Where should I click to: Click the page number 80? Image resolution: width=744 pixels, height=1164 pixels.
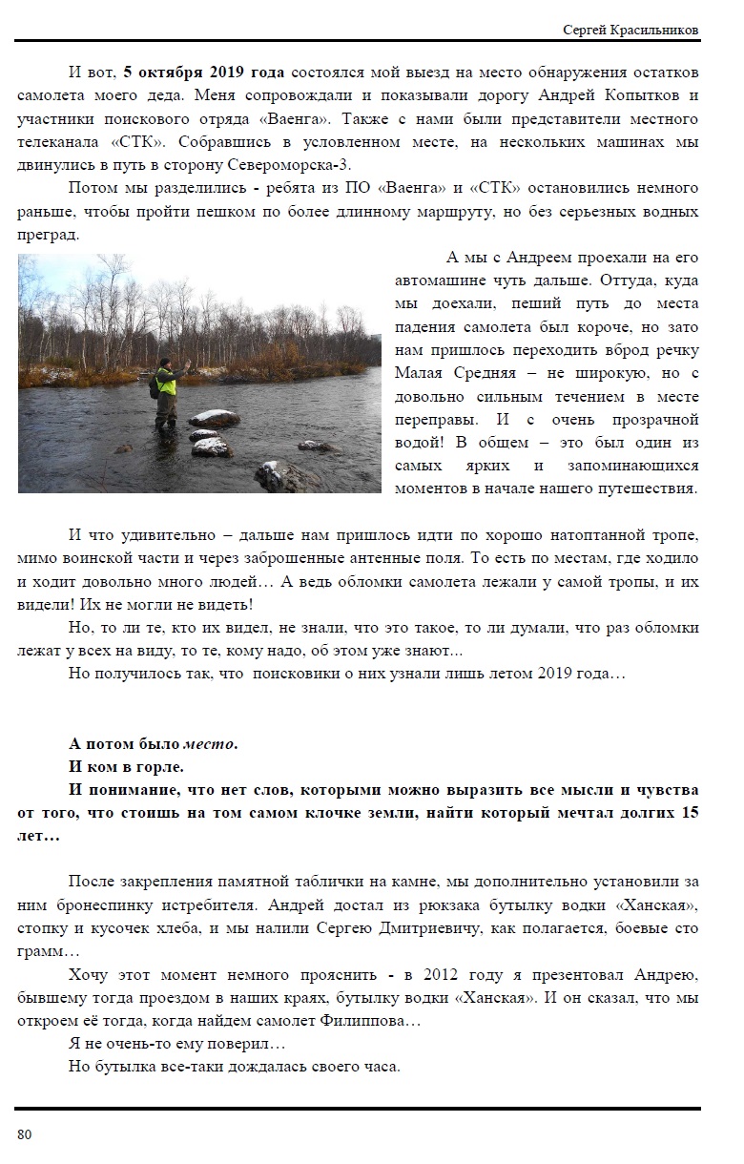[25, 1133]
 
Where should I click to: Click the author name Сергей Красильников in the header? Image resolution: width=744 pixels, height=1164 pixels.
[630, 31]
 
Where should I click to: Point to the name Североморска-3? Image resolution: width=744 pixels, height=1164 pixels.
[299, 166]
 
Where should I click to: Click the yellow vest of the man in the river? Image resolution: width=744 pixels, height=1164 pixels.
[167, 383]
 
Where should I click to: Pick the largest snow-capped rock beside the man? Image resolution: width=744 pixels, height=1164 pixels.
[216, 418]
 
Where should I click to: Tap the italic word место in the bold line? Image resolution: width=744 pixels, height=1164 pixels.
[210, 743]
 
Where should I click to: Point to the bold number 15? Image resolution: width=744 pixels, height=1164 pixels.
[689, 813]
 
